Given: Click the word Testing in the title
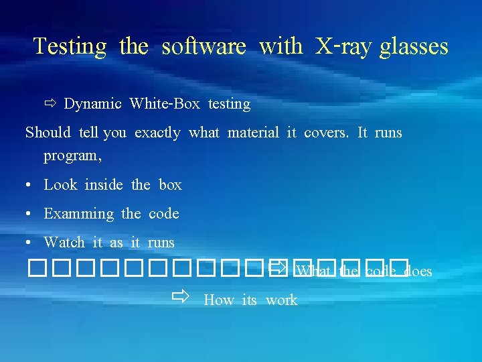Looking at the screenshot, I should tap(70, 46).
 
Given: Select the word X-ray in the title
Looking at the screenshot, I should tap(343, 46).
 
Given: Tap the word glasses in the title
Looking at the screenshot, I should tap(413, 46).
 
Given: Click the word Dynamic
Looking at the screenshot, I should tap(92, 104).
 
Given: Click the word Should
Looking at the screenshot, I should tap(48, 133).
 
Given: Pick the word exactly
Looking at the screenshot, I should tap(157, 133).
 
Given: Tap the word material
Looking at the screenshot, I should tap(253, 133).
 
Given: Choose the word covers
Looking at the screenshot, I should tap(326, 133).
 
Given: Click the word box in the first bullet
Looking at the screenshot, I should tap(170, 185).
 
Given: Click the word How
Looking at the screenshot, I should tap(218, 300).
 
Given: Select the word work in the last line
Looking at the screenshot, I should tap(281, 300).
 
